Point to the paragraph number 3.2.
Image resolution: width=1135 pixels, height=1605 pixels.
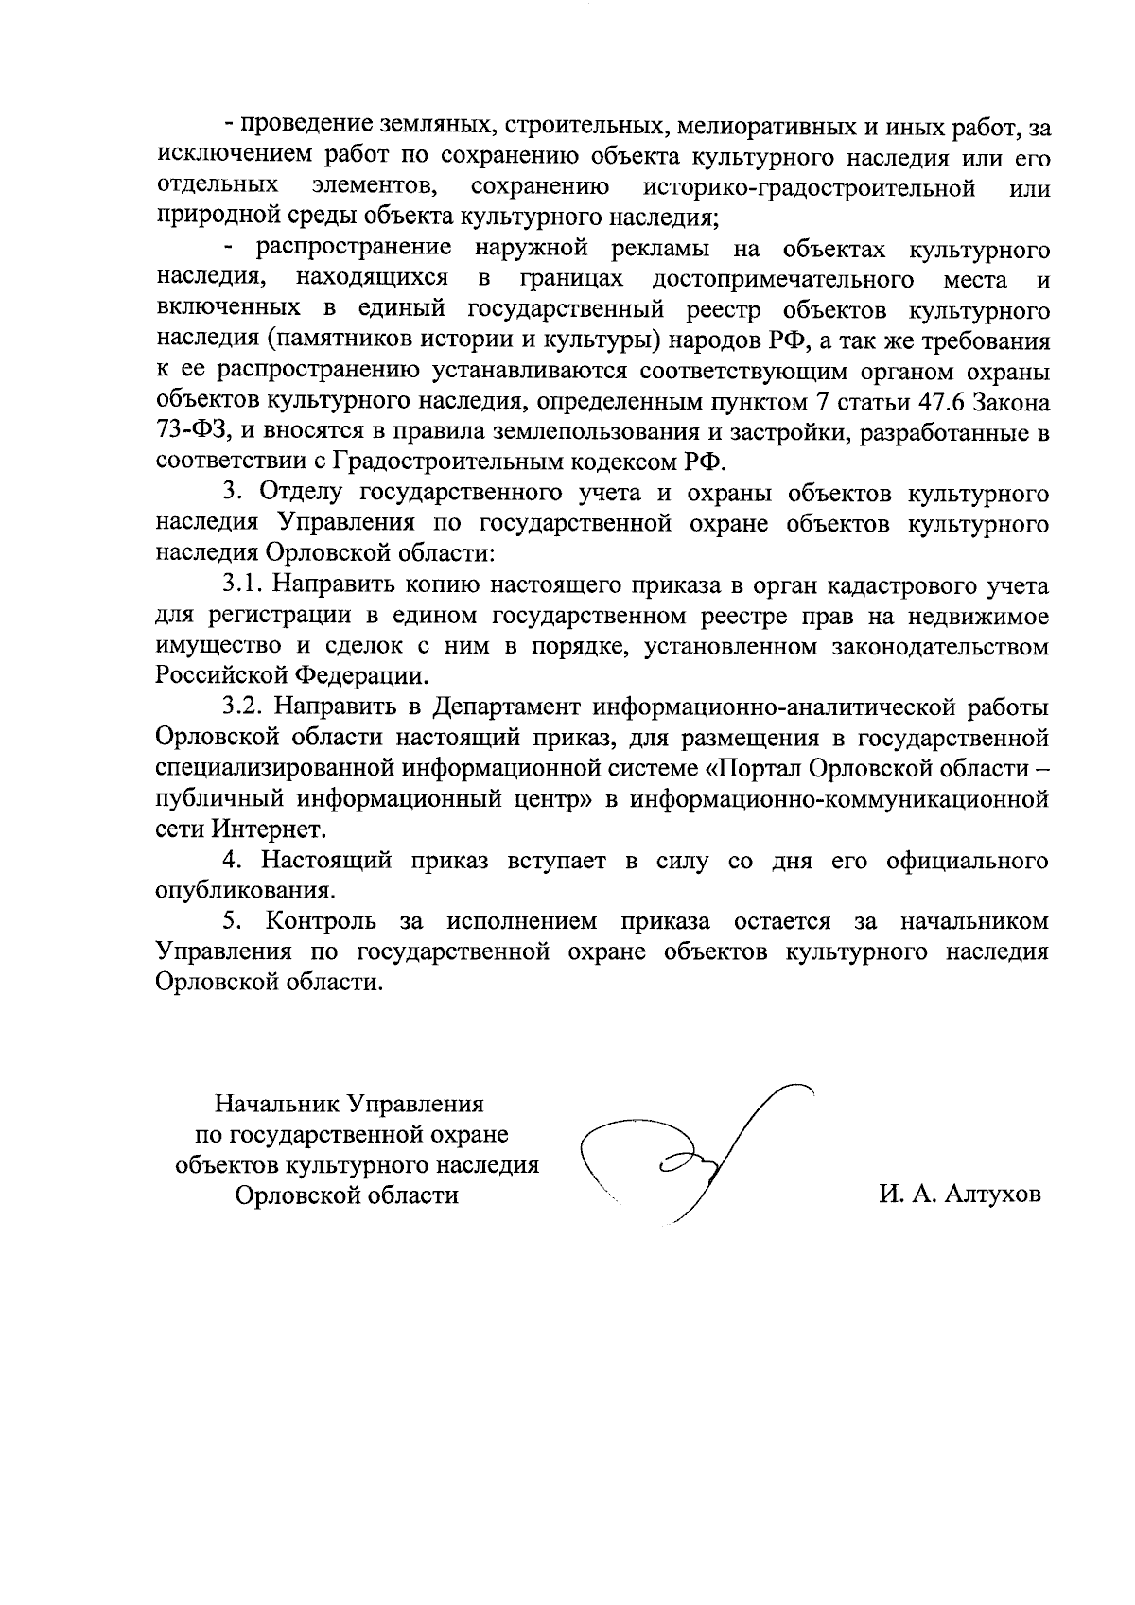pyautogui.click(x=247, y=707)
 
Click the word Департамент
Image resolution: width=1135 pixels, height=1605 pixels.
pyautogui.click(x=507, y=707)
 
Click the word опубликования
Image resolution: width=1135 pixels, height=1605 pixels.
pyautogui.click(x=245, y=890)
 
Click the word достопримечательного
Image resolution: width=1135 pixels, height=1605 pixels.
pyautogui.click(x=782, y=279)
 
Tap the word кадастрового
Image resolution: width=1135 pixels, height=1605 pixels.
pyautogui.click(x=891, y=586)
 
